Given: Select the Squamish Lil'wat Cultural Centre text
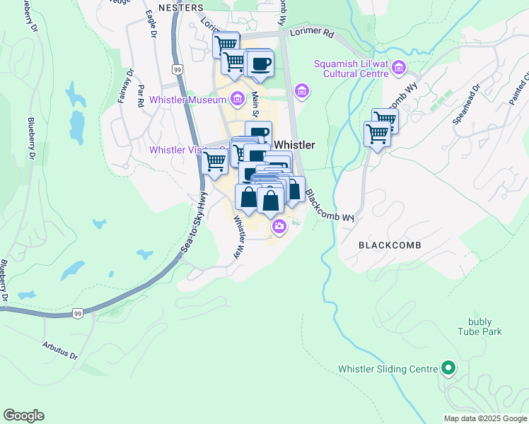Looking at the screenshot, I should (351, 69).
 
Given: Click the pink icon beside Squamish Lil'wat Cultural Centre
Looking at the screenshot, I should (399, 68).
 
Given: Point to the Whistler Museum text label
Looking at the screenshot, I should (187, 100).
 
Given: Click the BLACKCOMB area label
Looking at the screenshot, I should (390, 245).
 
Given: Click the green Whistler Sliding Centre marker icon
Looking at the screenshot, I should (447, 367).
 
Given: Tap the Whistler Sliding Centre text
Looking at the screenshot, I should (387, 369).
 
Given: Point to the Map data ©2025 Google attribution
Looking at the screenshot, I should (485, 418).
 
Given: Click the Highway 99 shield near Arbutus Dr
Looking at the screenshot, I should (77, 313).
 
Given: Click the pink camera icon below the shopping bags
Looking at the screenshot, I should (279, 226).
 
